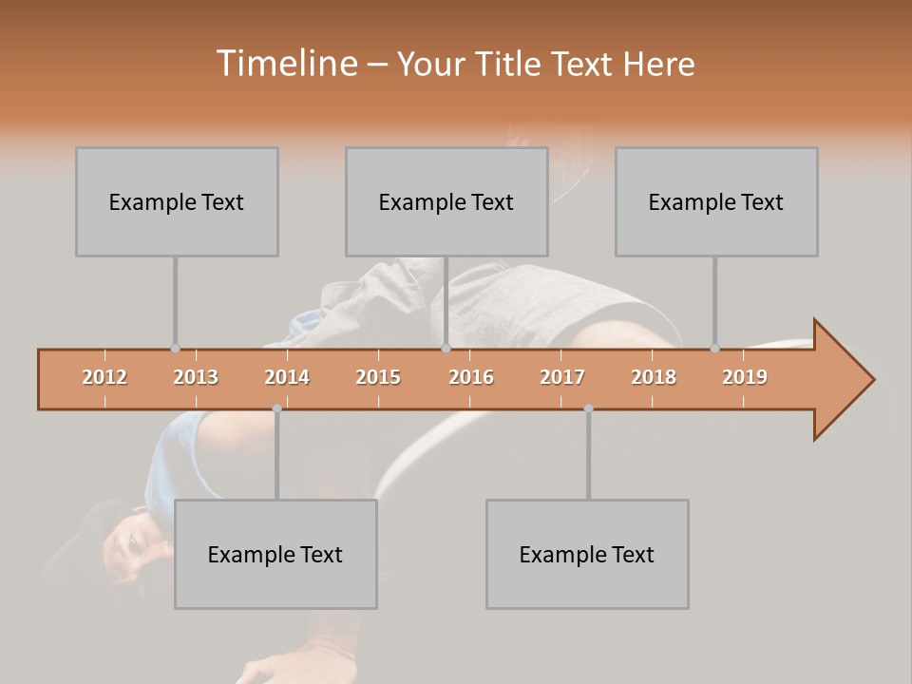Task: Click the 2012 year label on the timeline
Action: (104, 377)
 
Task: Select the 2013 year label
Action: (196, 377)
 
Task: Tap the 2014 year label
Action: (287, 377)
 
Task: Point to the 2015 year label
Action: (378, 377)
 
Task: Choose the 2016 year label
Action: (471, 377)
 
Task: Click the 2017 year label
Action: (562, 377)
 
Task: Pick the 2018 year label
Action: (654, 377)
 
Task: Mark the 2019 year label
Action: (745, 377)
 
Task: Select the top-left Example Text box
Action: (177, 201)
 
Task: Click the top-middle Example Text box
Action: (446, 201)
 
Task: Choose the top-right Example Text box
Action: (716, 201)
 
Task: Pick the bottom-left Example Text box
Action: (275, 554)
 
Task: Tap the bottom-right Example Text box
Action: (587, 554)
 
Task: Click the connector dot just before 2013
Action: (175, 349)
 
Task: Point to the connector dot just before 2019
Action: (714, 349)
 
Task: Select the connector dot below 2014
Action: (276, 408)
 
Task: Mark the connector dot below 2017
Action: (588, 408)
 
